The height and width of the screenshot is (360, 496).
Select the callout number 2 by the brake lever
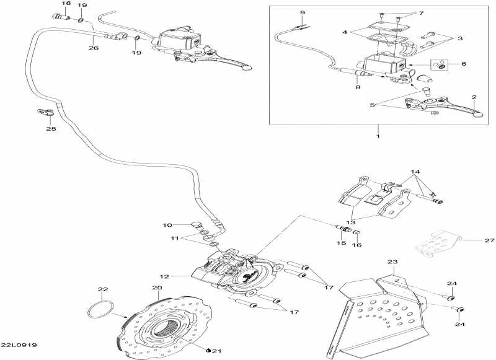474,97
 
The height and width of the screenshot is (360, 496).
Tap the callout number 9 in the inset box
303,13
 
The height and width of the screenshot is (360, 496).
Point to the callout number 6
464,64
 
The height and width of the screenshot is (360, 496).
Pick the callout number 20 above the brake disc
157,288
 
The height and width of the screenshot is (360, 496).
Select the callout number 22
103,289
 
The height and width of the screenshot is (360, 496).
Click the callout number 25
51,130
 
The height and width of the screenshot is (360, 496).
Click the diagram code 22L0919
19,345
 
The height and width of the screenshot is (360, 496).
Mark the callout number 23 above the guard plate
392,262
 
